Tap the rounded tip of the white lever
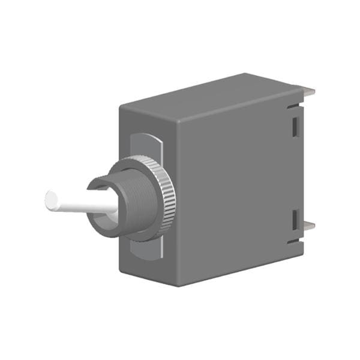click(51, 199)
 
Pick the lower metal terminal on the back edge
click(309, 227)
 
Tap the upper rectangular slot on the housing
click(295, 125)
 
